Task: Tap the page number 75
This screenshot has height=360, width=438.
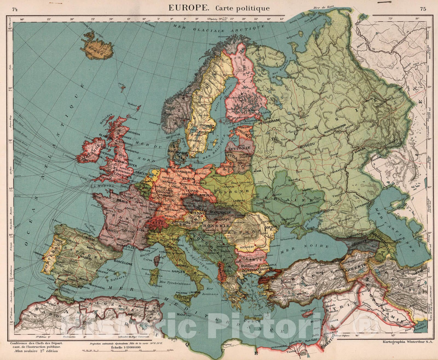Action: tap(423, 9)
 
